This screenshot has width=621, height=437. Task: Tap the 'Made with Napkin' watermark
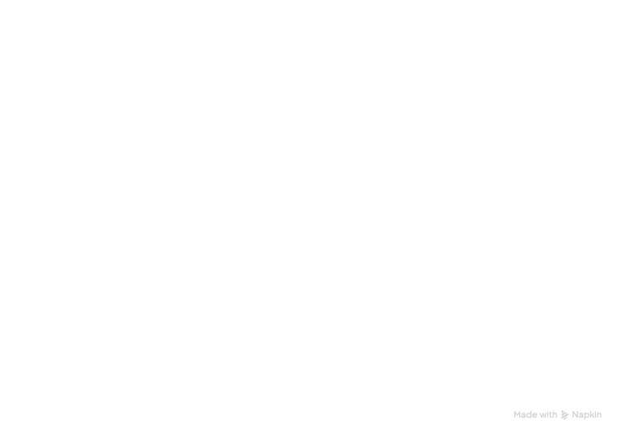coord(558,415)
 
